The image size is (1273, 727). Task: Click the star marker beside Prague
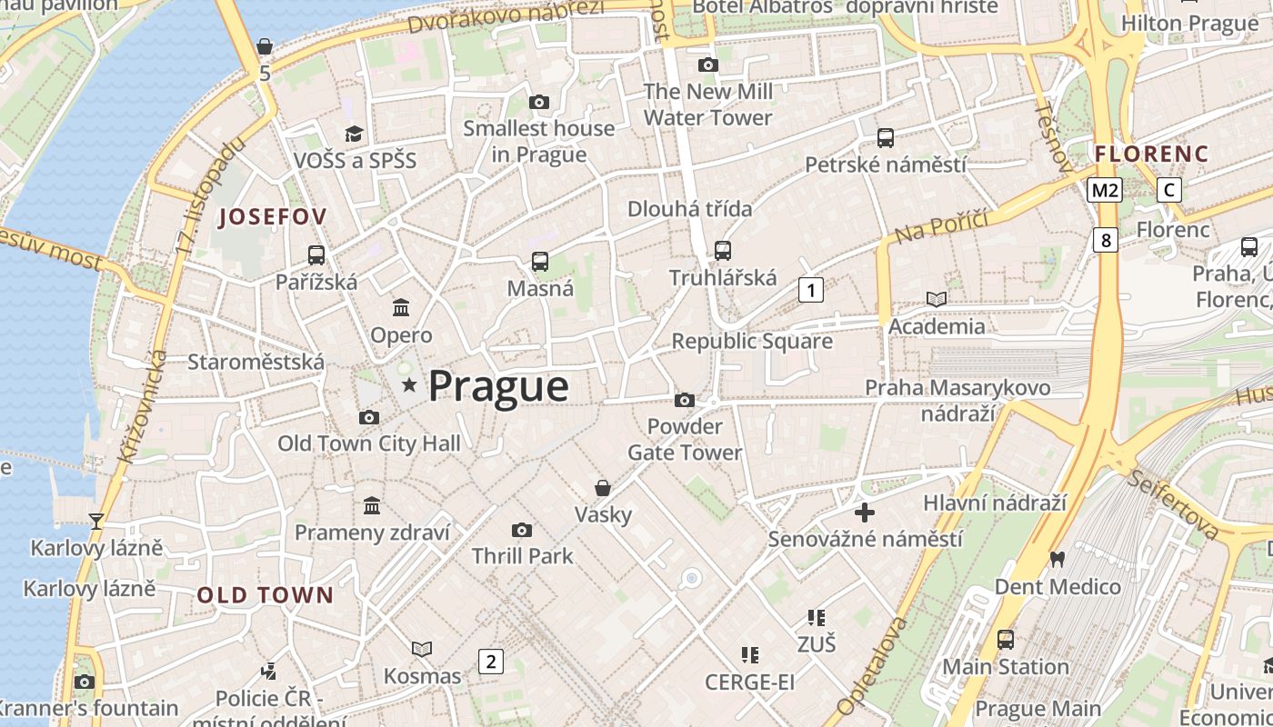point(410,386)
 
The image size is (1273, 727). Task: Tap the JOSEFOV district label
point(273,216)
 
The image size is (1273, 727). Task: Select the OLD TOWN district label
point(266,595)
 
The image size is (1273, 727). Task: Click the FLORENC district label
point(1152,154)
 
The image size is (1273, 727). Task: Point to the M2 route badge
point(1105,190)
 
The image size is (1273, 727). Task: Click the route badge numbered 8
point(1105,240)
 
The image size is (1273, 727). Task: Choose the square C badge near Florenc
point(1169,190)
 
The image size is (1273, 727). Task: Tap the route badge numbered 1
point(810,290)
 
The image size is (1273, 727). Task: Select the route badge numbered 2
point(491,661)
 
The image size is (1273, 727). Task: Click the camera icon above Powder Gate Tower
point(685,400)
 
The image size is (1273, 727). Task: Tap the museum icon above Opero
point(401,308)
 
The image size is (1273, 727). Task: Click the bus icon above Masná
point(540,262)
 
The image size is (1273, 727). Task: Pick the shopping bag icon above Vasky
point(602,488)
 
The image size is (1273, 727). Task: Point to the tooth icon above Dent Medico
point(1057,559)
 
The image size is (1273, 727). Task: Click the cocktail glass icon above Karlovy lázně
point(95,521)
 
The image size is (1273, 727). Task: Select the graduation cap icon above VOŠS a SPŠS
point(354,134)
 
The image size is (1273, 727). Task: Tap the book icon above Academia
point(936,299)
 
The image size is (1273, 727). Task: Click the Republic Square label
point(752,341)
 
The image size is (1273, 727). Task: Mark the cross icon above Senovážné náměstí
point(865,513)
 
